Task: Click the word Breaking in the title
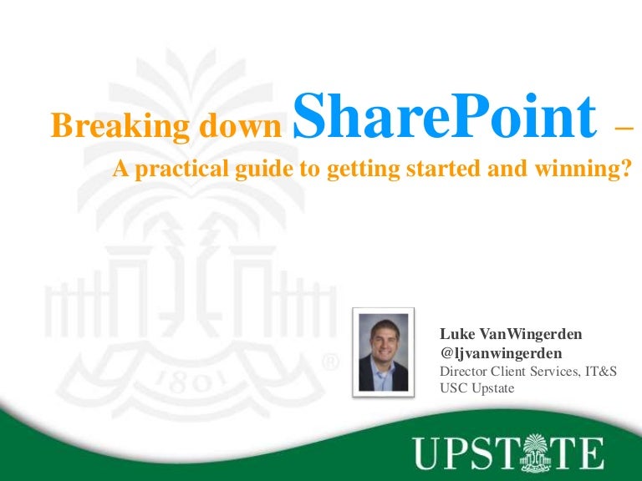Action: coord(99,126)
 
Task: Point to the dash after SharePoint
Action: coord(623,129)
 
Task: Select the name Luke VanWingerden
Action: coord(511,334)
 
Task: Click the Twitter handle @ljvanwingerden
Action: coord(501,352)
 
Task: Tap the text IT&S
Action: coord(599,371)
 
